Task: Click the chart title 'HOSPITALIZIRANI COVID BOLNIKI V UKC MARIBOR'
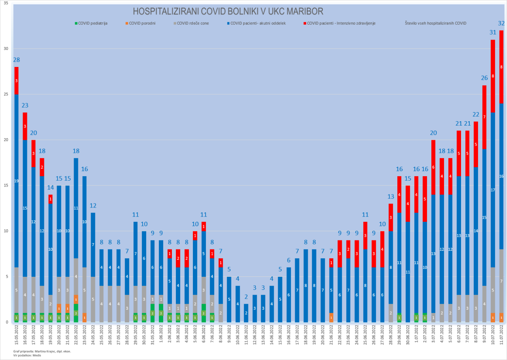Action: tap(228, 11)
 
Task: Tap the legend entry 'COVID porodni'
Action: tap(142, 23)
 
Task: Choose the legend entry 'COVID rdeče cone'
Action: tap(192, 23)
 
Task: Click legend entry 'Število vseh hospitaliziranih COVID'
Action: tap(435, 23)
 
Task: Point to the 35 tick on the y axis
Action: tap(6, 3)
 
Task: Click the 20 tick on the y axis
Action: tap(6, 140)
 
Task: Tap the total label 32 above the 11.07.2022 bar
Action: tap(501, 23)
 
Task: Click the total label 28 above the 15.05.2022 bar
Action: tap(16, 60)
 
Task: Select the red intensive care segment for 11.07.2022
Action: tap(501, 67)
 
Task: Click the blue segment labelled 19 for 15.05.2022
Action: tap(16, 181)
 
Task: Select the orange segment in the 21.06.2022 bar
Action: tap(331, 317)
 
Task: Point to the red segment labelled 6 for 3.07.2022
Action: tap(433, 167)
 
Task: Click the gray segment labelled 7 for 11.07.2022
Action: tap(501, 281)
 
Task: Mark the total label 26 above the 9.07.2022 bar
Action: tap(484, 78)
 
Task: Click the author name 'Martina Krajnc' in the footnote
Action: tap(38, 351)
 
